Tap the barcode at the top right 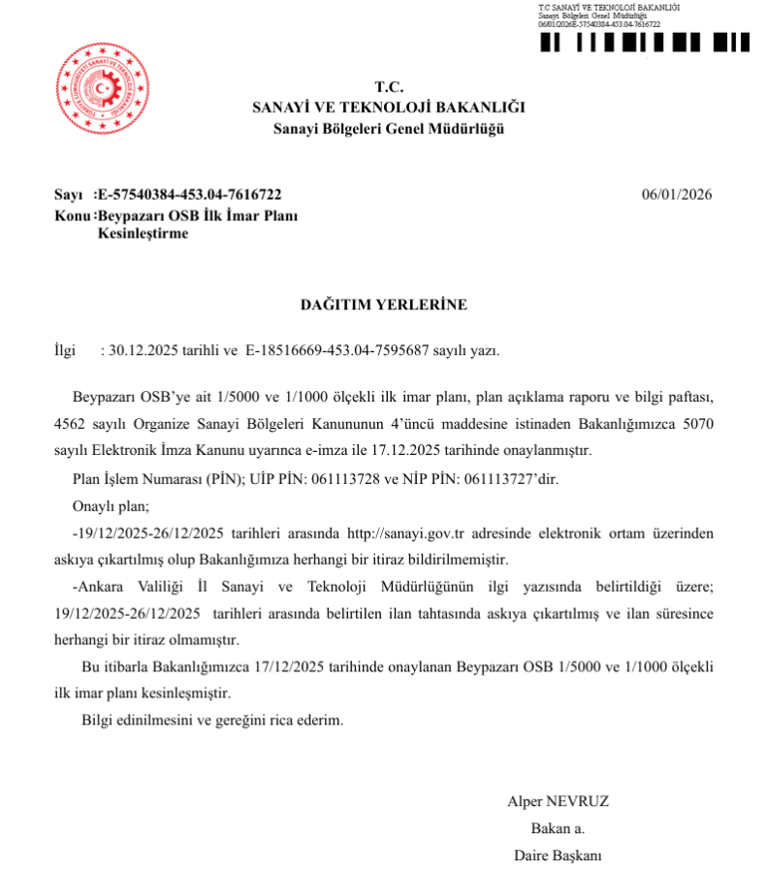[644, 43]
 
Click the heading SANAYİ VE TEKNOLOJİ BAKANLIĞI [388, 108]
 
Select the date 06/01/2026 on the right [677, 195]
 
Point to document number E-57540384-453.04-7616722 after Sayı [190, 195]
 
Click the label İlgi [64, 350]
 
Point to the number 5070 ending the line [696, 424]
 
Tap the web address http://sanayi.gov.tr [404, 533]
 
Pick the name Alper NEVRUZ [558, 801]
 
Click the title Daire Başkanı [559, 856]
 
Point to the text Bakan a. [558, 828]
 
